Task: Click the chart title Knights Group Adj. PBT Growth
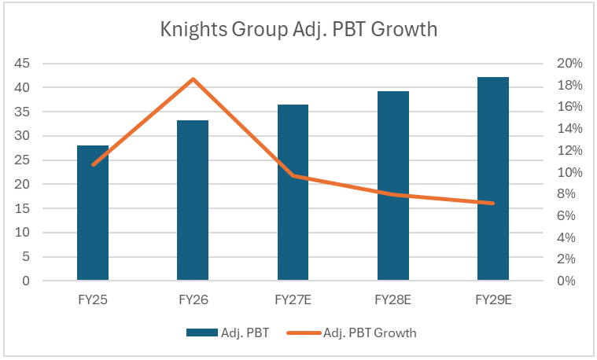pyautogui.click(x=299, y=30)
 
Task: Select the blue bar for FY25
pyautogui.click(x=93, y=213)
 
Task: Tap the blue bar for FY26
pyautogui.click(x=193, y=200)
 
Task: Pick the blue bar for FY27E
pyautogui.click(x=293, y=192)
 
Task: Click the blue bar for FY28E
pyautogui.click(x=393, y=186)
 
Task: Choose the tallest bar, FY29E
pyautogui.click(x=493, y=178)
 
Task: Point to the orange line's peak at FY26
pyautogui.click(x=193, y=79)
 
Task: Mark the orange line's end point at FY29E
pyautogui.click(x=493, y=204)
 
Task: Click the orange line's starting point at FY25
pyautogui.click(x=94, y=164)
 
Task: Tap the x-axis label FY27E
pyautogui.click(x=293, y=300)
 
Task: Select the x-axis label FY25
pyautogui.click(x=93, y=300)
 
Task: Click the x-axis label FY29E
pyautogui.click(x=493, y=300)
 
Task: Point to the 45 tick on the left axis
pyautogui.click(x=22, y=63)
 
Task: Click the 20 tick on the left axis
pyautogui.click(x=22, y=184)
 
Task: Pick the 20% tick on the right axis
pyautogui.click(x=569, y=63)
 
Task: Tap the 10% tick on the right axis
pyautogui.click(x=569, y=172)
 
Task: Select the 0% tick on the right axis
pyautogui.click(x=566, y=281)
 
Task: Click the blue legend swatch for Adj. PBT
pyautogui.click(x=202, y=332)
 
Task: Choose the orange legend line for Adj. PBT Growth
pyautogui.click(x=304, y=333)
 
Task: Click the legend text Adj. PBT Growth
pyautogui.click(x=370, y=333)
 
